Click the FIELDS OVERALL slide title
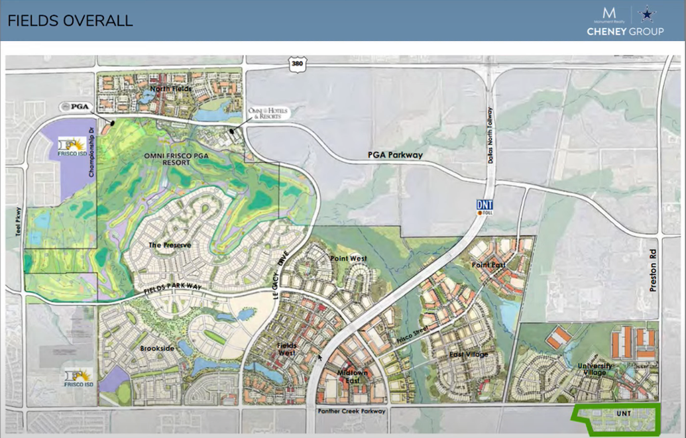70,21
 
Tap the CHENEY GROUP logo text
625,31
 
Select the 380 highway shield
298,64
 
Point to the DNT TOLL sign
485,207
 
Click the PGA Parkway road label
395,155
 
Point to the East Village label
469,355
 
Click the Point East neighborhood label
486,265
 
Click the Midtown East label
352,376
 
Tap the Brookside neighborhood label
156,347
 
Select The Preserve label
170,245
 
